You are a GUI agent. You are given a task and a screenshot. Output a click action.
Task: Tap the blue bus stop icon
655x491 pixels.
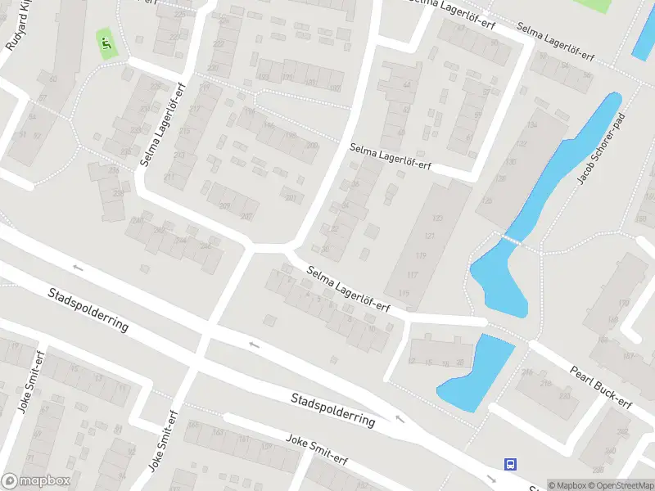511,464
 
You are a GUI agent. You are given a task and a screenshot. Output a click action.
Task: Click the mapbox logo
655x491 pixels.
34,481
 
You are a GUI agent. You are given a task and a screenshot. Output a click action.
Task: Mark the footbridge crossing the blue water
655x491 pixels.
511,239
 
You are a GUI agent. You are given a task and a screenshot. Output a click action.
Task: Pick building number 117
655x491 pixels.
413,274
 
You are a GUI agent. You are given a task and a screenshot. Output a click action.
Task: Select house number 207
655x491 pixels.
246,216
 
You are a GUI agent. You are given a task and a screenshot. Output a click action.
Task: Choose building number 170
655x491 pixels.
624,304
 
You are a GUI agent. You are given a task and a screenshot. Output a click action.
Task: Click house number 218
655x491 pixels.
526,372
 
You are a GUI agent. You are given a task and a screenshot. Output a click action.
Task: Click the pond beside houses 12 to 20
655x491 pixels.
477,372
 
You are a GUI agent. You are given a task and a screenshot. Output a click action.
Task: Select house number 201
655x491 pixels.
290,197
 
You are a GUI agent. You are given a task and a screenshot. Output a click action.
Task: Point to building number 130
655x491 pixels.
511,161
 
